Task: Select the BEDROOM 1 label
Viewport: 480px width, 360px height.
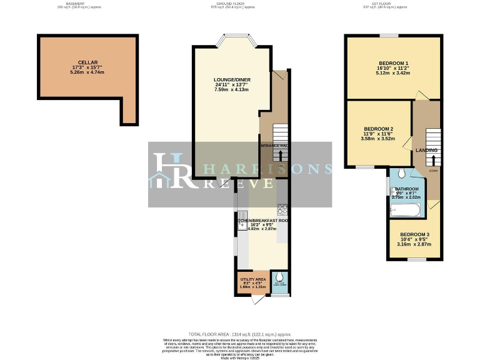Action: pos(393,63)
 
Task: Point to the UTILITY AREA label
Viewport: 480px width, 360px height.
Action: pos(253,279)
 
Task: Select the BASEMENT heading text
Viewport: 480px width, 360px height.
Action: pos(76,3)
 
